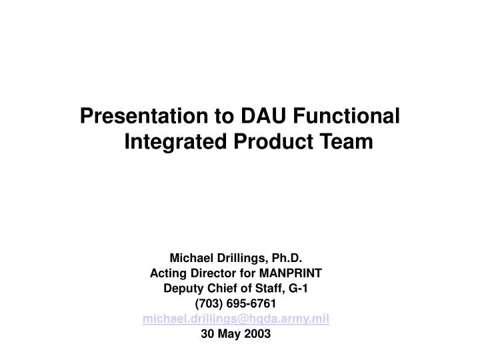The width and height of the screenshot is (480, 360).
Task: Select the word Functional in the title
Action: coord(343,116)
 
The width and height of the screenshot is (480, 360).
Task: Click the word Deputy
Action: coord(181,289)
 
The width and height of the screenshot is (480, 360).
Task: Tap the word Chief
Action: coord(223,289)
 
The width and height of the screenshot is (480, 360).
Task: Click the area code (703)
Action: coord(209,304)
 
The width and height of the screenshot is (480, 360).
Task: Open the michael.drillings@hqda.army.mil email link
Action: coord(236,319)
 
